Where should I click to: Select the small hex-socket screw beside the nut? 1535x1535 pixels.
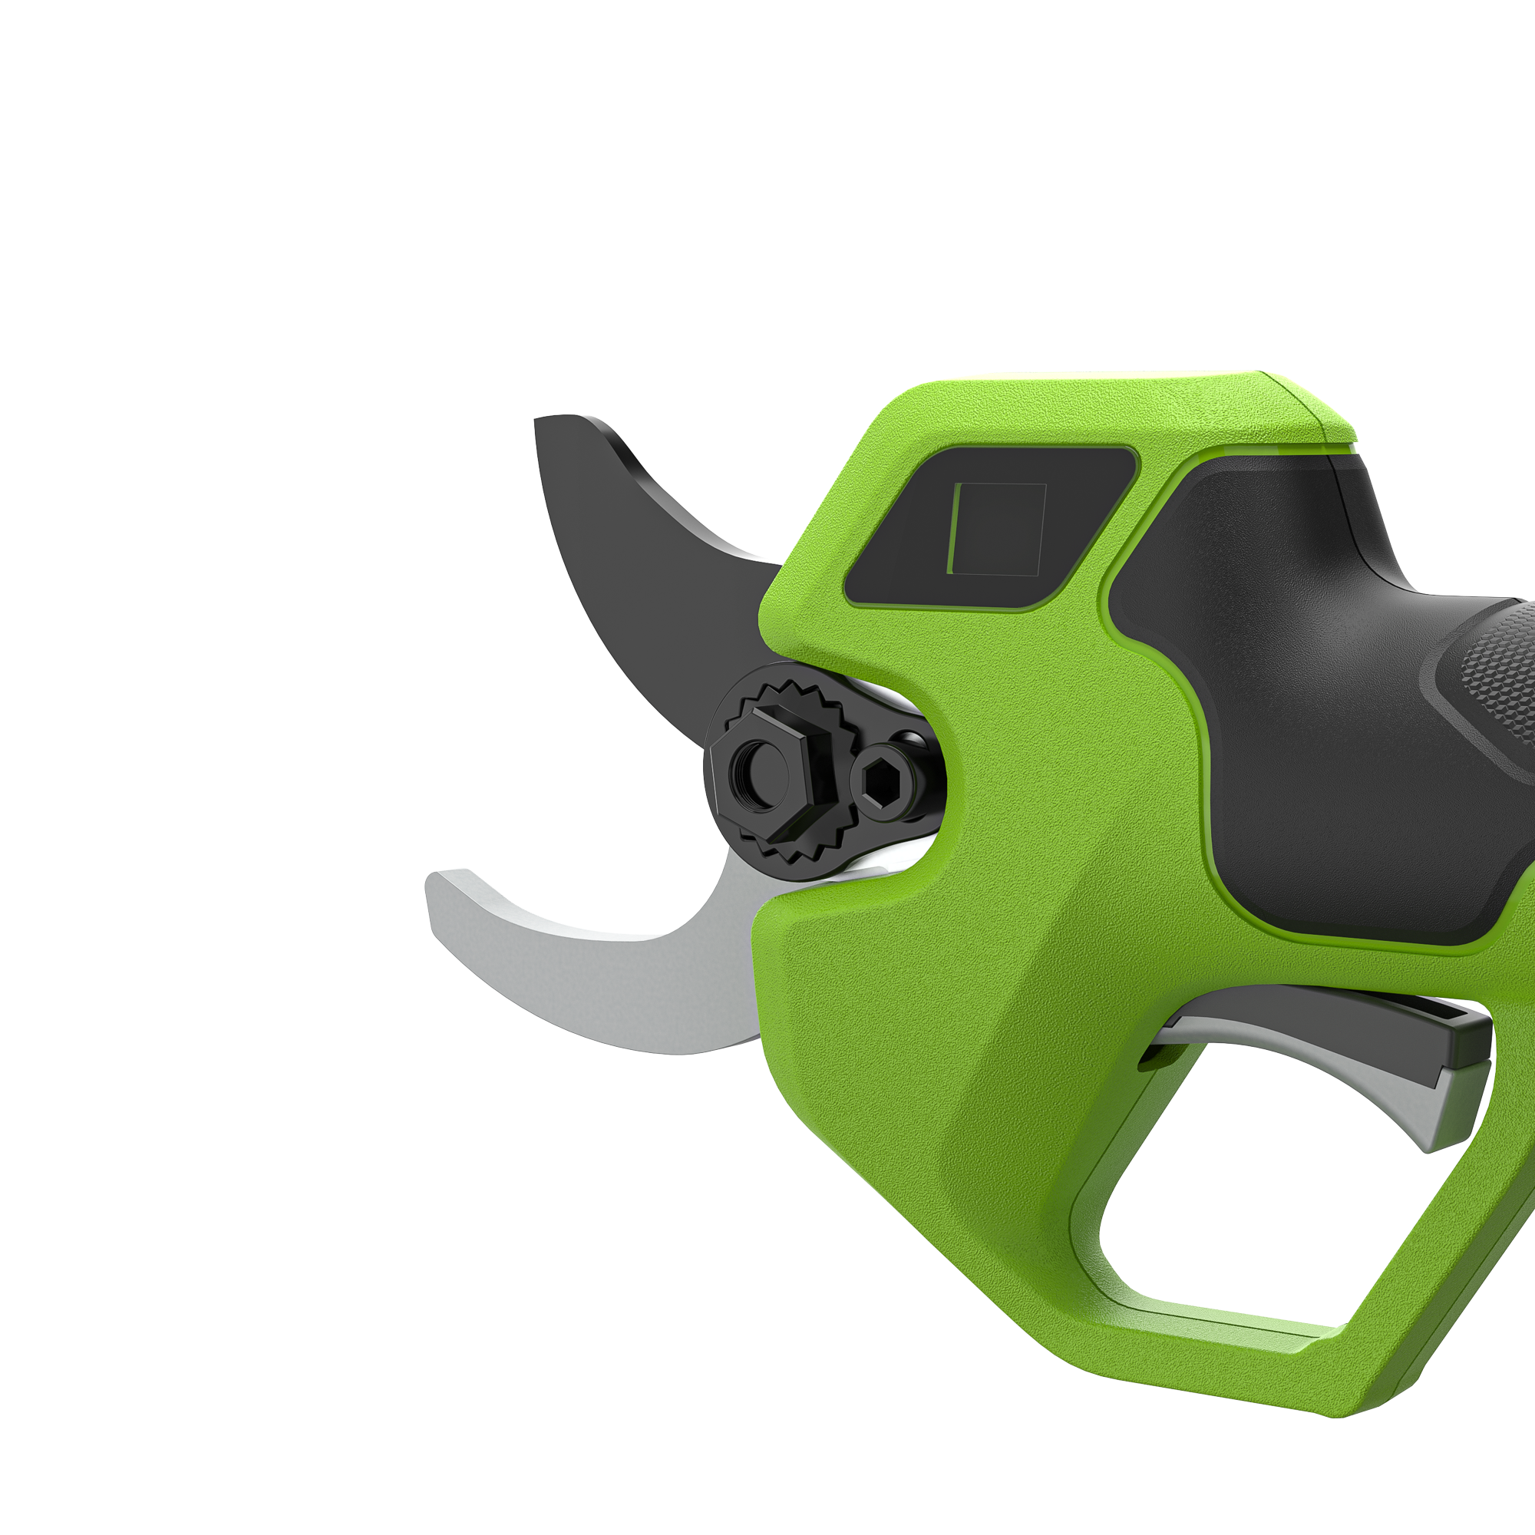(884, 783)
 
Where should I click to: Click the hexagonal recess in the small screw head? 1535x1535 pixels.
(884, 783)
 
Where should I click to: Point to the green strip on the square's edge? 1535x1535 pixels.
(951, 528)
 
